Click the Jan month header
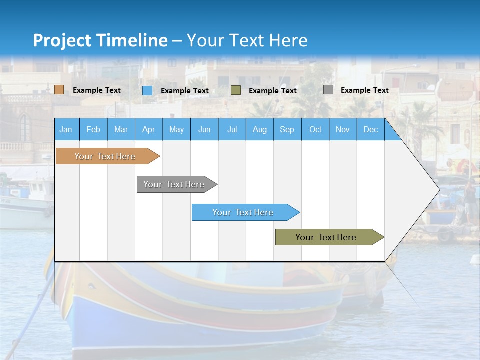tap(66, 130)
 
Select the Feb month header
tap(93, 130)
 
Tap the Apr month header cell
tap(149, 130)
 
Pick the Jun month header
tap(204, 130)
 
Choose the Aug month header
tap(260, 130)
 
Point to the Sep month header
tap(287, 130)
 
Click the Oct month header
tap(315, 130)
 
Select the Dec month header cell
tap(371, 130)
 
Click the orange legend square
tap(59, 90)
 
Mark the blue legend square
tap(147, 90)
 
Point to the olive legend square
tap(236, 90)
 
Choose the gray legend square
tap(328, 90)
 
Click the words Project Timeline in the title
tap(100, 40)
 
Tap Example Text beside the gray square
tap(364, 90)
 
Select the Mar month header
tap(121, 130)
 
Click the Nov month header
tap(343, 130)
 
